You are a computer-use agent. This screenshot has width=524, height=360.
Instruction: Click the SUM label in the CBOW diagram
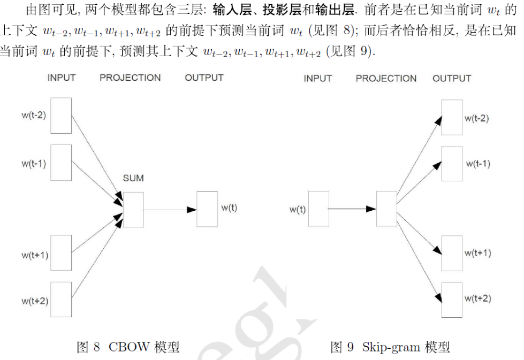[133, 178]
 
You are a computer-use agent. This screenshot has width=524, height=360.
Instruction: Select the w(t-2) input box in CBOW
[61, 115]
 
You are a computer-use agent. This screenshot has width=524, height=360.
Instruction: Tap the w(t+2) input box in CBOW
[61, 300]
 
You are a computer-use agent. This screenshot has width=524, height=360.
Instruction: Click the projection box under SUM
[133, 210]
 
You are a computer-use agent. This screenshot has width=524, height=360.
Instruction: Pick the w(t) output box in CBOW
[207, 209]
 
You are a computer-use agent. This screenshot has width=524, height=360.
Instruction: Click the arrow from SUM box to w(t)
[170, 210]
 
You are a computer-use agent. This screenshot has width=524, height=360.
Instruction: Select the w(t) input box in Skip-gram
[318, 209]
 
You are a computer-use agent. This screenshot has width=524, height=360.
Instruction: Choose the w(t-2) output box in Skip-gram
[451, 118]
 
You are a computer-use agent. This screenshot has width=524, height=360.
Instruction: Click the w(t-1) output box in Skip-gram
[451, 163]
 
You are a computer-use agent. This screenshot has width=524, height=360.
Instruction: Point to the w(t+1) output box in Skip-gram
[451, 253]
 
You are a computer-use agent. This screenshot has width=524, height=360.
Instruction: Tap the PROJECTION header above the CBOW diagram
[130, 78]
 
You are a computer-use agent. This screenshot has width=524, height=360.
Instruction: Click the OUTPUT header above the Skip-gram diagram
[452, 79]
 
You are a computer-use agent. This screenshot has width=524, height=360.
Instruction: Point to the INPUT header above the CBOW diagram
[62, 78]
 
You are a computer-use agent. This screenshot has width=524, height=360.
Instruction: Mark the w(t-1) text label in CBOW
[33, 163]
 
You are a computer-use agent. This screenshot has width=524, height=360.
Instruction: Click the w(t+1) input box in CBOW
[61, 253]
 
